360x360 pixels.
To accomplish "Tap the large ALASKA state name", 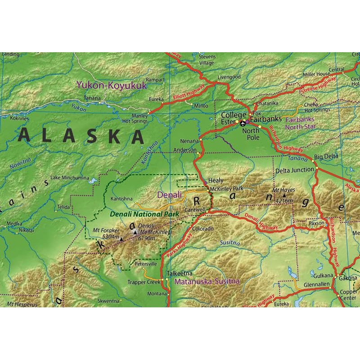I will click(x=81, y=136).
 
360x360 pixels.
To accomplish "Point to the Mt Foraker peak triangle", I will click(x=121, y=239).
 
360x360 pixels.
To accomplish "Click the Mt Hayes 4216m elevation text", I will click(x=284, y=201).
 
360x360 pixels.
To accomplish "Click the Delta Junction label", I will click(x=295, y=170).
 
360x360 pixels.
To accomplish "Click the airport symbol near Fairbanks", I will click(x=243, y=123).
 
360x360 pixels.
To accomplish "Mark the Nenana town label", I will click(x=189, y=141).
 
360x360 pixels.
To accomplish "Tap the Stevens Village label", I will click(x=207, y=60).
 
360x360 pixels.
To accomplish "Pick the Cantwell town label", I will click(x=196, y=210).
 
